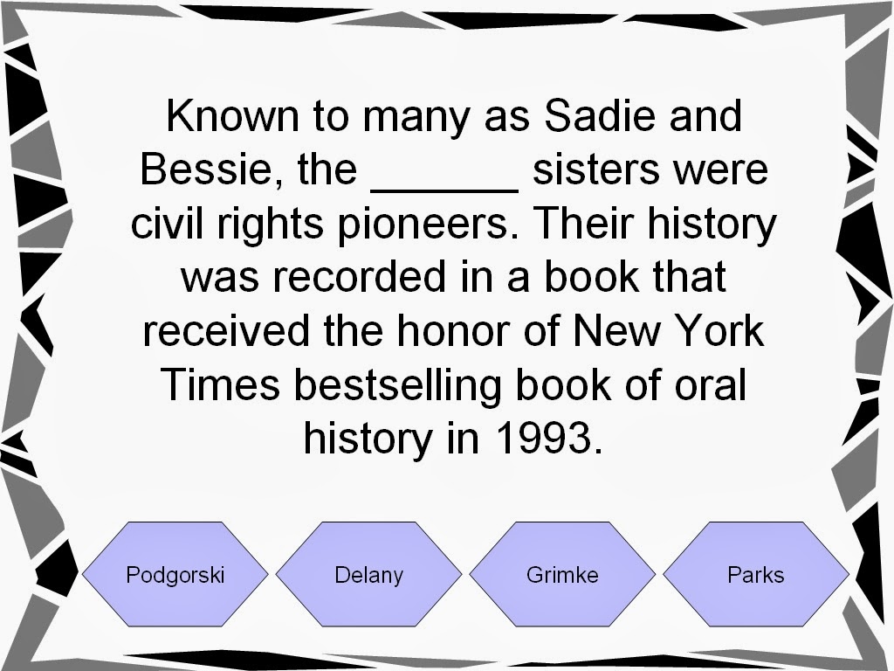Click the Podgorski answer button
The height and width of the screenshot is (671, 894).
[x=175, y=574]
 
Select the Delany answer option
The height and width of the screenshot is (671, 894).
[x=369, y=574]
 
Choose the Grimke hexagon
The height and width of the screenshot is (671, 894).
[x=563, y=574]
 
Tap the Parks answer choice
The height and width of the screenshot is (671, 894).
[x=756, y=574]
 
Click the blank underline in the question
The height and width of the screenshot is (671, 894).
[x=444, y=190]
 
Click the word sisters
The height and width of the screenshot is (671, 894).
[x=595, y=169]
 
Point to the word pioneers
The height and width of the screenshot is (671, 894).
[x=423, y=224]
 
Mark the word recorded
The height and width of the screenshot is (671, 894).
[x=359, y=277]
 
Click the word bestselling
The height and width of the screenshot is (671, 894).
[x=397, y=385]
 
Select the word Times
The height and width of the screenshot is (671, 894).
[x=220, y=384]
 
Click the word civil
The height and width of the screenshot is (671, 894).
[x=167, y=223]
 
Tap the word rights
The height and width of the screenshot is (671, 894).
[x=271, y=224]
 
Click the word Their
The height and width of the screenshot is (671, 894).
[x=584, y=223]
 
